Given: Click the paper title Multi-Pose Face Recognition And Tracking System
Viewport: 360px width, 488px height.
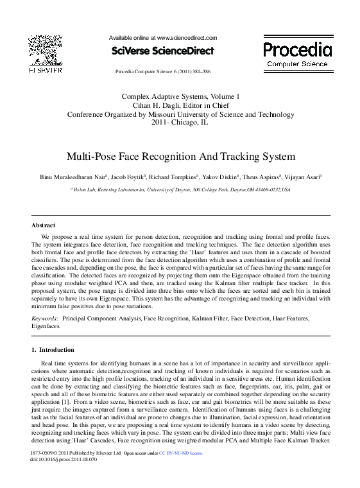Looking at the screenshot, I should [180, 156].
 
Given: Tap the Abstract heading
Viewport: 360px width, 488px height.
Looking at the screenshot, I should [44, 225].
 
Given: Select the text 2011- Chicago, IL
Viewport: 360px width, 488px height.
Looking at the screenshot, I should [180, 123].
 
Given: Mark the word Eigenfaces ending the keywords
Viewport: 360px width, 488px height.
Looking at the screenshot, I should [46, 326].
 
